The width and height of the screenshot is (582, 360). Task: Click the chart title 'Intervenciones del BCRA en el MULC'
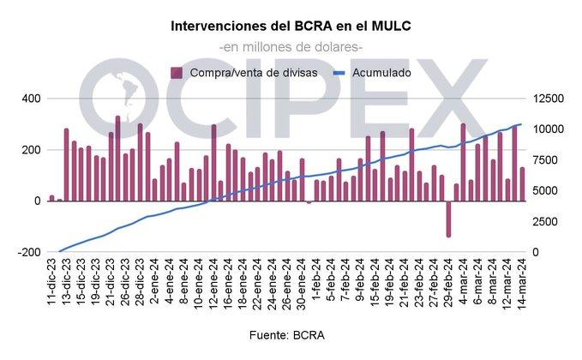pyautogui.click(x=291, y=27)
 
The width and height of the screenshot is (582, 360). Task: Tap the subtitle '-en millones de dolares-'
pyautogui.click(x=291, y=47)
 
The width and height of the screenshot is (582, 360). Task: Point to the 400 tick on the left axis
pyautogui.click(x=31, y=99)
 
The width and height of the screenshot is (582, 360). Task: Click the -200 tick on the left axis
pyautogui.click(x=29, y=252)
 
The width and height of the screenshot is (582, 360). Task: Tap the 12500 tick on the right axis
pyautogui.click(x=547, y=99)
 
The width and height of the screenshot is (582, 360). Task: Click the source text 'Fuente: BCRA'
pyautogui.click(x=291, y=333)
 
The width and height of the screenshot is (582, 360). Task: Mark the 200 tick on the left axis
pyautogui.click(x=31, y=150)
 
